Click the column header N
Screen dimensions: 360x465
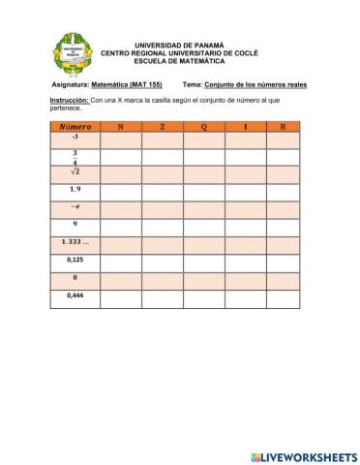point(120,126)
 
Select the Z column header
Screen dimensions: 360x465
point(163,126)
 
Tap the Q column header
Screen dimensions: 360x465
point(204,126)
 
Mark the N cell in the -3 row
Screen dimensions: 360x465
point(120,139)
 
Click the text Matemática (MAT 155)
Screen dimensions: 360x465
point(127,84)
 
